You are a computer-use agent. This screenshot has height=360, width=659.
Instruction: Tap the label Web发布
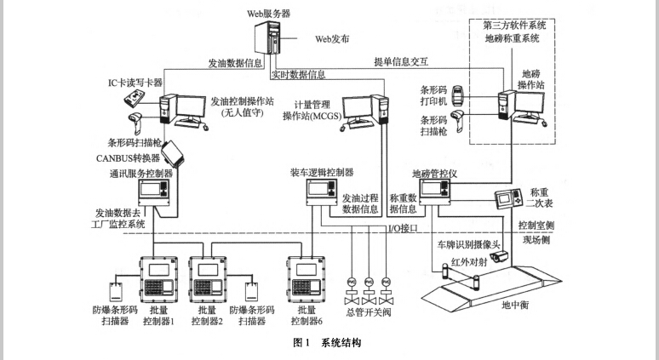coord(333,39)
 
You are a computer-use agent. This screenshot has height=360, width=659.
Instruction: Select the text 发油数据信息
coord(235,63)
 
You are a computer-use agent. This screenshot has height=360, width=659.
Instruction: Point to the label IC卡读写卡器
coord(135,83)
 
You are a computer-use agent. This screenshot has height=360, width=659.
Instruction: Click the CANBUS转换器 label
coord(129,158)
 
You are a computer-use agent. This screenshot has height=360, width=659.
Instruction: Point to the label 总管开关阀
coord(369,314)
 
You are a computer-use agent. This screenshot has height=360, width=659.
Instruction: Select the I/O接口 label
coord(404,228)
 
